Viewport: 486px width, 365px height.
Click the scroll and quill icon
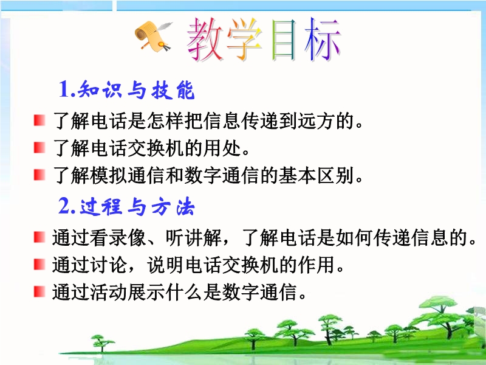pyautogui.click(x=153, y=36)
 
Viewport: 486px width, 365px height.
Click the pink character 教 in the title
pyautogui.click(x=206, y=39)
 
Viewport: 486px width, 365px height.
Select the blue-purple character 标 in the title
pyautogui.click(x=323, y=39)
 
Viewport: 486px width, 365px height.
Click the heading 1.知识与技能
pyautogui.click(x=126, y=89)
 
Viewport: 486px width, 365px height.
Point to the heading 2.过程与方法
pyautogui.click(x=126, y=206)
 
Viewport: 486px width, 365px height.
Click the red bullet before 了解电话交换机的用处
pyautogui.click(x=39, y=147)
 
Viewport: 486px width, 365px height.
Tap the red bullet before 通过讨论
pyautogui.click(x=39, y=265)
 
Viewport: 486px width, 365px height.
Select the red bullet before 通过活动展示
pyautogui.click(x=39, y=292)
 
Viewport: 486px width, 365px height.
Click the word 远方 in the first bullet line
pyautogui.click(x=316, y=120)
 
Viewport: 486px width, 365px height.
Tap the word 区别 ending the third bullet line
pyautogui.click(x=336, y=175)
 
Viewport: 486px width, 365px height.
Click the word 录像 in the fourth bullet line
pyautogui.click(x=128, y=238)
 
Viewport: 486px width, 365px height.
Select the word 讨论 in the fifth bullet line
pyautogui.click(x=109, y=265)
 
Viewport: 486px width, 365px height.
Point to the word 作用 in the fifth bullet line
pyautogui.click(x=317, y=265)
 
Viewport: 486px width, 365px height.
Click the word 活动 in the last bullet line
pyautogui.click(x=109, y=292)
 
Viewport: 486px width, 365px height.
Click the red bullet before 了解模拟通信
pyautogui.click(x=39, y=175)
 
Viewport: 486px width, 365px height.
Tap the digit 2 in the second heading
pyautogui.click(x=64, y=206)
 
